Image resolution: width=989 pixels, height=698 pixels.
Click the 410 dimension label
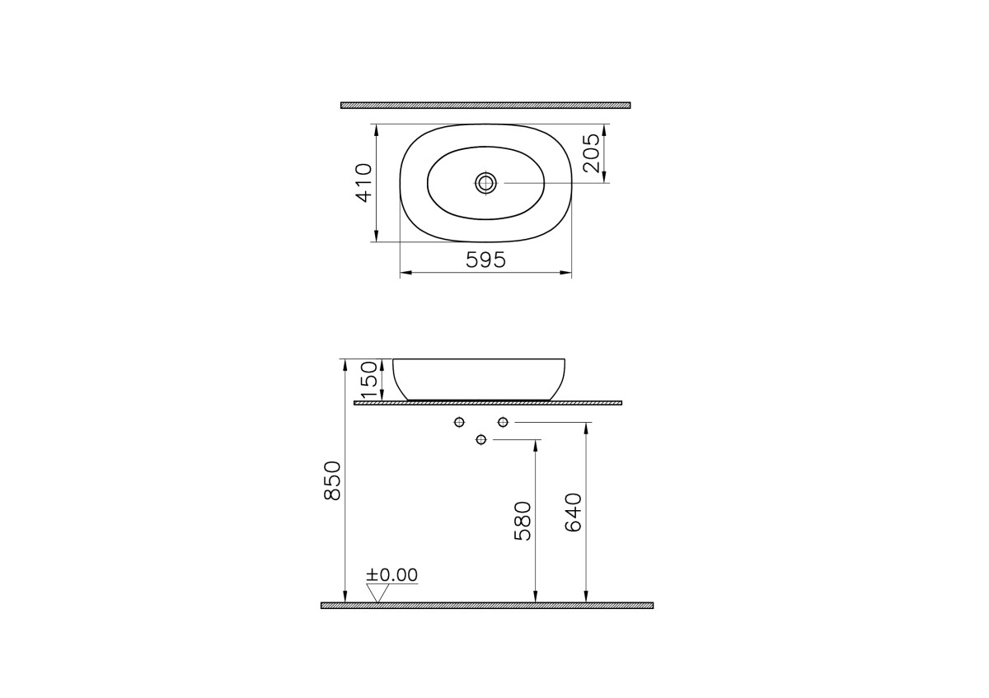pos(363,182)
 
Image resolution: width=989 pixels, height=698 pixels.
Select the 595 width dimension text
pos(485,260)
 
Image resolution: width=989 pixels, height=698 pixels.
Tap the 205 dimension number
pos(591,152)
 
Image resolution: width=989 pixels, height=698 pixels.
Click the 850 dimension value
pos(332,480)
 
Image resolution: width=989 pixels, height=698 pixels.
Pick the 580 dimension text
pos(523,521)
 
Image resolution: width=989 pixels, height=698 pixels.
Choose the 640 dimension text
pos(574,513)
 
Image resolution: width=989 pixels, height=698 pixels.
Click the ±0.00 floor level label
pos(392,574)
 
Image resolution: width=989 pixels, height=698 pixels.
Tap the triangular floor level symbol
pos(378,593)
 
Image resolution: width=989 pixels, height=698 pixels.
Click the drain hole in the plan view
pos(485,183)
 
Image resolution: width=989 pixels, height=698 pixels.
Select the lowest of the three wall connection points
pos(481,440)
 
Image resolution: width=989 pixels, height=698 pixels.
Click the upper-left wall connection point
pos(459,423)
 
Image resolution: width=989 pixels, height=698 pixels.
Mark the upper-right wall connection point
pos(503,423)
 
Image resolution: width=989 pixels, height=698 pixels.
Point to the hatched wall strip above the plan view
pos(485,105)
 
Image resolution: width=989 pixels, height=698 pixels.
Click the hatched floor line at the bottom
pos(486,606)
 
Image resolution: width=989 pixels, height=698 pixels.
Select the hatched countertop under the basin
pos(487,403)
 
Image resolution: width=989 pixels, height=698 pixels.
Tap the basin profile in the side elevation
pos(480,378)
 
